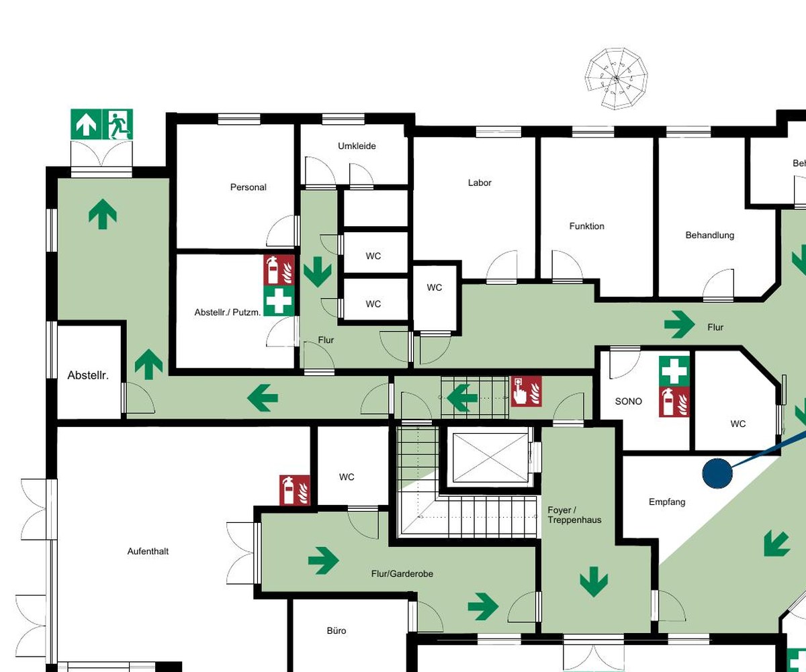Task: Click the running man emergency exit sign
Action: [118, 124]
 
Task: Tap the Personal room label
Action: [249, 187]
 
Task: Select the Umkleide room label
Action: [357, 146]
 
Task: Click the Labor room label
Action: [480, 183]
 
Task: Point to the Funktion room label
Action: [587, 226]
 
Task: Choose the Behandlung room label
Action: [709, 235]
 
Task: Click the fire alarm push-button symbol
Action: [526, 391]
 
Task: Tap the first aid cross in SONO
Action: [674, 371]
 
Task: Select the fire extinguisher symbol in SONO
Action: [674, 401]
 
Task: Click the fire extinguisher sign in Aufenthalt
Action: [295, 490]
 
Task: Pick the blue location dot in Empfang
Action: [717, 473]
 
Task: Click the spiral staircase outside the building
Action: [616, 79]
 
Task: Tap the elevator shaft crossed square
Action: [490, 458]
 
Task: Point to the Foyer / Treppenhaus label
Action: [574, 515]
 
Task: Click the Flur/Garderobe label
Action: [402, 573]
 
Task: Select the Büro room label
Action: [337, 631]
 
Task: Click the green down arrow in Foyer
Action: [594, 582]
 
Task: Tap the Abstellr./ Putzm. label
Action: [228, 312]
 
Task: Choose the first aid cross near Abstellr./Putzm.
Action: [279, 301]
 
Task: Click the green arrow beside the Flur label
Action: [679, 324]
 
